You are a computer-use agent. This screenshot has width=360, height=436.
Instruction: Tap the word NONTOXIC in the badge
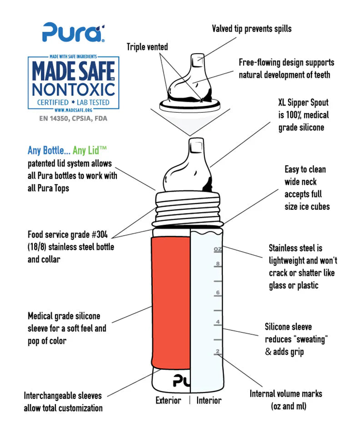pos(74,89)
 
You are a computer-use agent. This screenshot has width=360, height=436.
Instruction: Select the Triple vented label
pos(147,47)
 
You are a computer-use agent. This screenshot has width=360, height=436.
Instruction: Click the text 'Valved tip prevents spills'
pos(251,29)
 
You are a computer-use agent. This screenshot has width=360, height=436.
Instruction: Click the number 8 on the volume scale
pos(218,263)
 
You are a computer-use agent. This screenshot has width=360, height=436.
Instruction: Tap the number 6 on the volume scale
pos(218,292)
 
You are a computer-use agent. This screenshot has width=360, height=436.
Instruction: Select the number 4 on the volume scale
pos(218,322)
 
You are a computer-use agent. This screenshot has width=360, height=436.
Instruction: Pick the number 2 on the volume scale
pos(218,351)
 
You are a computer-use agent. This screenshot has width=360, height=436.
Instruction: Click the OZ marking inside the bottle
pos(218,249)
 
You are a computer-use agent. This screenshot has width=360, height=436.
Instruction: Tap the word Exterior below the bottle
pos(168,401)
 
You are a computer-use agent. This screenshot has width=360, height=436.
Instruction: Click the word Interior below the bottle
pos(209,401)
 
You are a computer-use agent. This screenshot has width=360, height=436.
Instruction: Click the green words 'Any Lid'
pos(89,150)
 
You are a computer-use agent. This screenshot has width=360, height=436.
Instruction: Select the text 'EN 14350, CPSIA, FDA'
pos(73,119)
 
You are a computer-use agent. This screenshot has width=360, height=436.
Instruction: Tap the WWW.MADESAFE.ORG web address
pos(73,110)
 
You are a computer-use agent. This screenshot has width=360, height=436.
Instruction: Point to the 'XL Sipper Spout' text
pos(303,103)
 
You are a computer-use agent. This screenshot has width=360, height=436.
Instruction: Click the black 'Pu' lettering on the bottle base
pos(182,381)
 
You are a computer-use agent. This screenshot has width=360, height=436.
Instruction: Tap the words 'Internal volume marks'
pos(286,394)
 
